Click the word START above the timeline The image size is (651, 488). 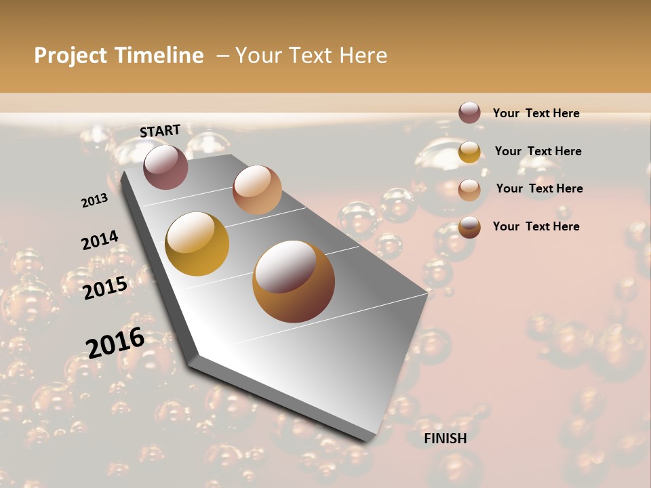160,131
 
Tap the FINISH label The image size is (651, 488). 446,439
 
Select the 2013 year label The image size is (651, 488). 94,201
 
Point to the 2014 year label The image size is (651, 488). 100,241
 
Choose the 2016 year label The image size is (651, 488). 115,342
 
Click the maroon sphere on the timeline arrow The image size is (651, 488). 165,167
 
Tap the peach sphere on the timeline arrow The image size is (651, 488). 257,189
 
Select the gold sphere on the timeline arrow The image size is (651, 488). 197,244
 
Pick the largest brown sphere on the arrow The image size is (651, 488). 294,281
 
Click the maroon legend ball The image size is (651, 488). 469,113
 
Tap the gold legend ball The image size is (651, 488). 469,151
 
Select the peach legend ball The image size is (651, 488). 469,189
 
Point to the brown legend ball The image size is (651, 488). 469,227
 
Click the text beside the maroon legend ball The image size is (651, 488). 536,113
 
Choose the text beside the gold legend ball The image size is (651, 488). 538,151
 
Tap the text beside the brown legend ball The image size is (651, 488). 536,226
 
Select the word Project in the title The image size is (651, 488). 71,56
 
